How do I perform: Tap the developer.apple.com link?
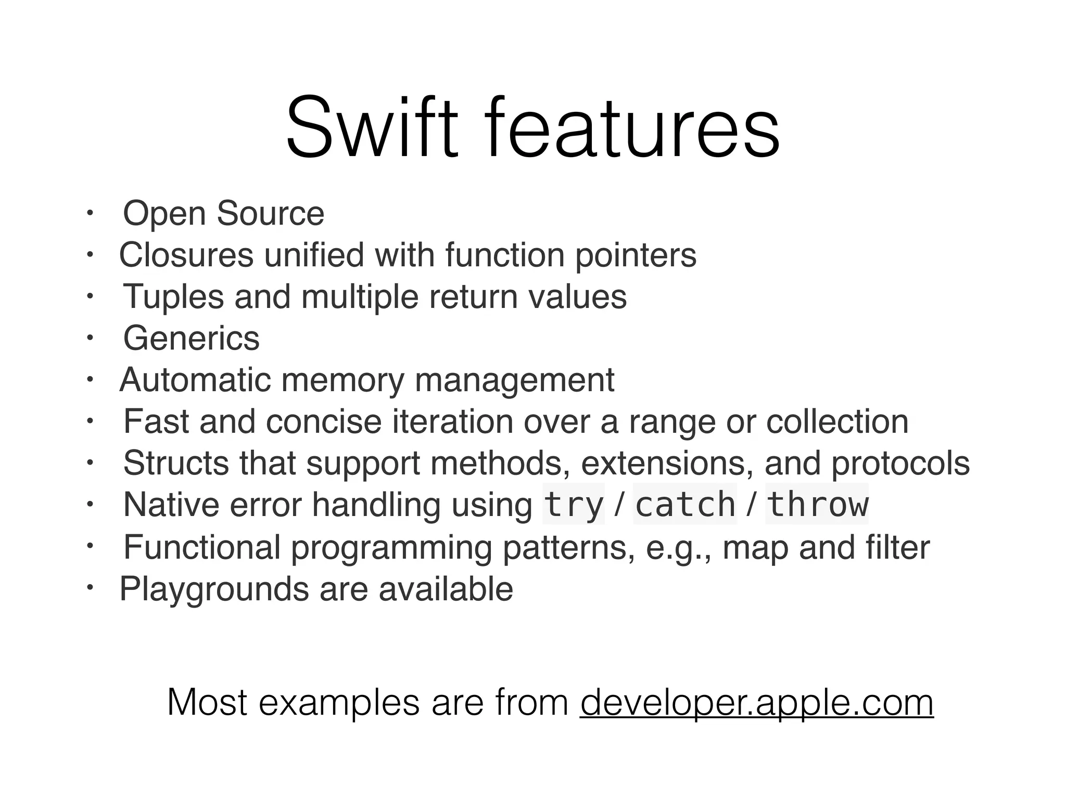click(756, 703)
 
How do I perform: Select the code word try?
click(573, 505)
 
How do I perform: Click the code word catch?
click(685, 505)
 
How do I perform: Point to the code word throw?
click(817, 505)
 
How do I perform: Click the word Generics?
click(191, 339)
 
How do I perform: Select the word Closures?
click(186, 255)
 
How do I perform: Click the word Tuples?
click(173, 297)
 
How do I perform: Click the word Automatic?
click(195, 380)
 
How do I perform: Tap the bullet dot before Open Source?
click(90, 212)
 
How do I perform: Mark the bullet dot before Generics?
click(90, 338)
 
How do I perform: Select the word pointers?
click(636, 255)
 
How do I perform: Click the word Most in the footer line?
click(207, 703)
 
